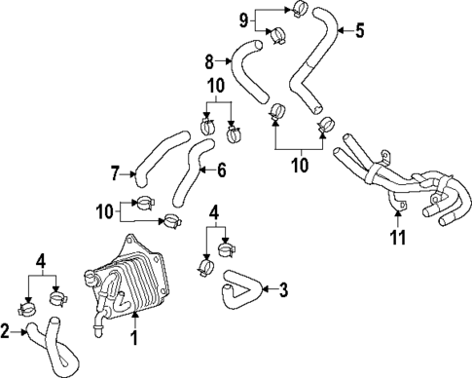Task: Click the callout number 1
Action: pos(136,339)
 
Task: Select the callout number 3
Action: pos(284,289)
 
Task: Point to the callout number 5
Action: pos(359,30)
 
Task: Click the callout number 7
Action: pos(115,174)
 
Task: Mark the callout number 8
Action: pos(208,60)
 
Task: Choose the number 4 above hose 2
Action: pos(41,260)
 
